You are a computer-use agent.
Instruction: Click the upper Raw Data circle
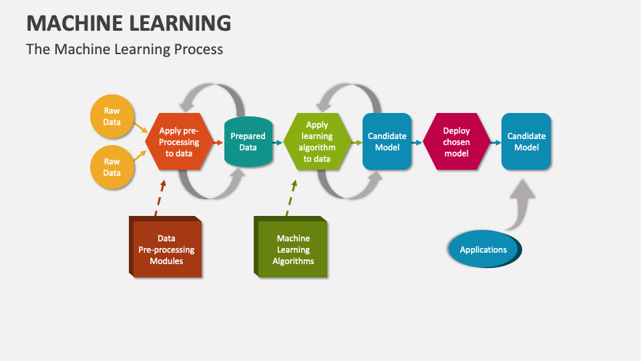[112, 116]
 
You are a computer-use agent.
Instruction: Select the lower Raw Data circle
[112, 167]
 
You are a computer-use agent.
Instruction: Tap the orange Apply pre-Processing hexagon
[179, 142]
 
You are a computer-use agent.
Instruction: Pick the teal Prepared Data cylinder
[248, 142]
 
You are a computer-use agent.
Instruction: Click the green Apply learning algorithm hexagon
[317, 142]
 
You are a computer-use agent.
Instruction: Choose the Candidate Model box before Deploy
[387, 142]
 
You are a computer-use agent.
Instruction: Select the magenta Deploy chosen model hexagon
[457, 142]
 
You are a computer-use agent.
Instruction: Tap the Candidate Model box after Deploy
[526, 142]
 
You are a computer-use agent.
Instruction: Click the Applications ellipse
[485, 249]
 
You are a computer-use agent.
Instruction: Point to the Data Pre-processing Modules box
[166, 247]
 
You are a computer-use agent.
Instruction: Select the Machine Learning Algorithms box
[290, 247]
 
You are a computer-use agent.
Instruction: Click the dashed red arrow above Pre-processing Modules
[160, 198]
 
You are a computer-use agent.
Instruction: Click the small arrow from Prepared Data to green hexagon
[278, 142]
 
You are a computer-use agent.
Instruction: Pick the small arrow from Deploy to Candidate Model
[496, 142]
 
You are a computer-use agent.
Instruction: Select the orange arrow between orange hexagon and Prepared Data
[218, 142]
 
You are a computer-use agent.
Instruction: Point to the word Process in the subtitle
[198, 49]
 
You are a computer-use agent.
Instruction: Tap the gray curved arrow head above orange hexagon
[188, 104]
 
